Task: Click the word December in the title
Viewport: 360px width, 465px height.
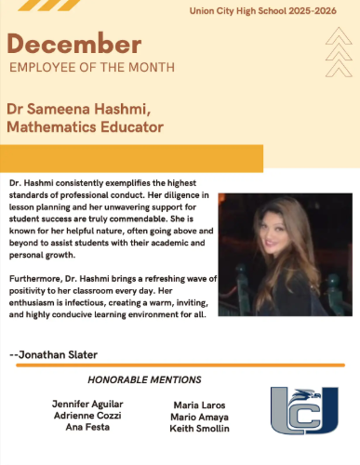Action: point(74,44)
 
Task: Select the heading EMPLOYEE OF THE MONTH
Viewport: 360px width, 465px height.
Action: point(91,68)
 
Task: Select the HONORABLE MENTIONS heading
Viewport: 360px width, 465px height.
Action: point(144,379)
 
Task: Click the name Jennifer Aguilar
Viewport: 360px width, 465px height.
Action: point(87,404)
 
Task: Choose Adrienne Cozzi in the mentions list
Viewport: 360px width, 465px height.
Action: point(87,416)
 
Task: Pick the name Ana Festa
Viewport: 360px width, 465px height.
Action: point(87,428)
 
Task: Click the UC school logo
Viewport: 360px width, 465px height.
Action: point(305,410)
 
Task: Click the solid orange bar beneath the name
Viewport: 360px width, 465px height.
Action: point(131,157)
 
